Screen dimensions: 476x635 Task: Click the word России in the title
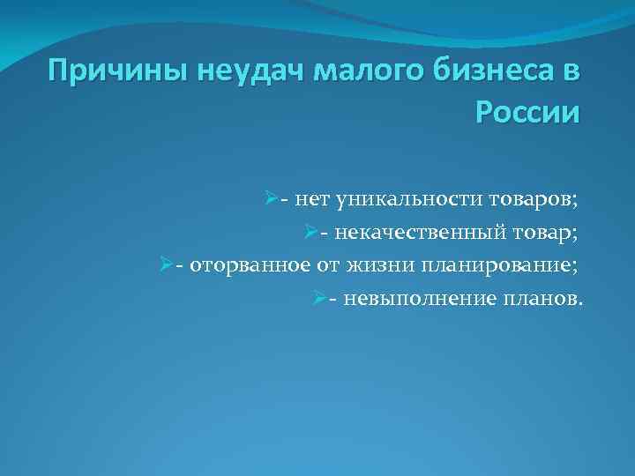click(x=527, y=114)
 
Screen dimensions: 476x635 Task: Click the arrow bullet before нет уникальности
click(x=270, y=200)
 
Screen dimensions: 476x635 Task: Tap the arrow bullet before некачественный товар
click(x=310, y=233)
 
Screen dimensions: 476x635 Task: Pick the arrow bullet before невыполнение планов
click(x=318, y=297)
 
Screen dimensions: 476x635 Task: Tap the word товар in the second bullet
click(x=549, y=234)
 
